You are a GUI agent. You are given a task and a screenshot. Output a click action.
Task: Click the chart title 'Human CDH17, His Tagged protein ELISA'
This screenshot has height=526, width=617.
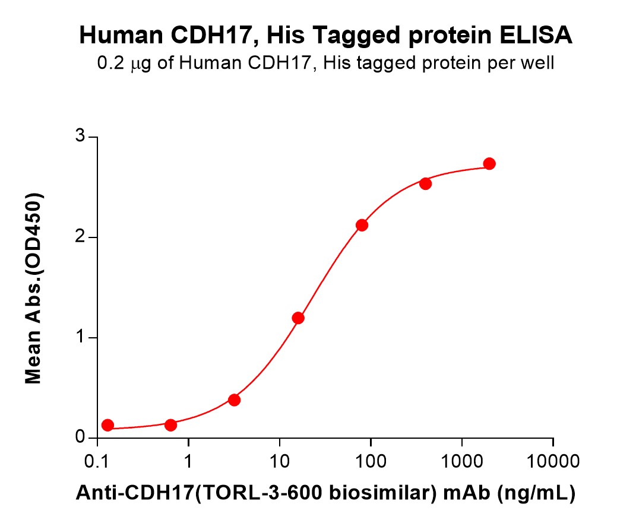pos(326,36)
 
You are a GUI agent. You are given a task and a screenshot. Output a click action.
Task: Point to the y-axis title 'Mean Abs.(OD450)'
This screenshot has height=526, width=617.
pos(34,288)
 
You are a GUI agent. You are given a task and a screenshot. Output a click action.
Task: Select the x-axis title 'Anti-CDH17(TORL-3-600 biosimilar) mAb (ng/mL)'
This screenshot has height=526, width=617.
pos(325,492)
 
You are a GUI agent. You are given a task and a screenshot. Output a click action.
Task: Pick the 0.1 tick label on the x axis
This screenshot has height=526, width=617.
pos(97,461)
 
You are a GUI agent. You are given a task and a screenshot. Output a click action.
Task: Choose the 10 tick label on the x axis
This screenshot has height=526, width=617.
pos(280,461)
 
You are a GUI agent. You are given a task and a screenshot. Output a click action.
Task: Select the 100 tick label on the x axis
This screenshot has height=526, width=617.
pos(371,461)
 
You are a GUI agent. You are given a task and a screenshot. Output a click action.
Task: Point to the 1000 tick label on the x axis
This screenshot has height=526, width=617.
pos(462,461)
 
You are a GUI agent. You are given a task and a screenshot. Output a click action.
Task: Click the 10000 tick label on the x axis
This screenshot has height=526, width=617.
pos(553,461)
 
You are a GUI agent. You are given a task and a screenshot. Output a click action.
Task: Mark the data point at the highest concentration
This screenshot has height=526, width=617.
pos(489,164)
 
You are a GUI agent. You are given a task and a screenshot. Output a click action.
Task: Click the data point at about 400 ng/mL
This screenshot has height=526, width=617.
pos(426,183)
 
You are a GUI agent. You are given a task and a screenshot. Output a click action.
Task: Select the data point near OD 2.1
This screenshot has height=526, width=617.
pos(362,225)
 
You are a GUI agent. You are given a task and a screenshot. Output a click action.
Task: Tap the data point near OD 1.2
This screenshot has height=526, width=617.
pos(298,318)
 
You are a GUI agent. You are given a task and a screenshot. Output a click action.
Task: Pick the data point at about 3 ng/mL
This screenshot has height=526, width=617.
pos(235,400)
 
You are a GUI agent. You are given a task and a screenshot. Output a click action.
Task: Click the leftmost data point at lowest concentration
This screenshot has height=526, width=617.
pos(107,425)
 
